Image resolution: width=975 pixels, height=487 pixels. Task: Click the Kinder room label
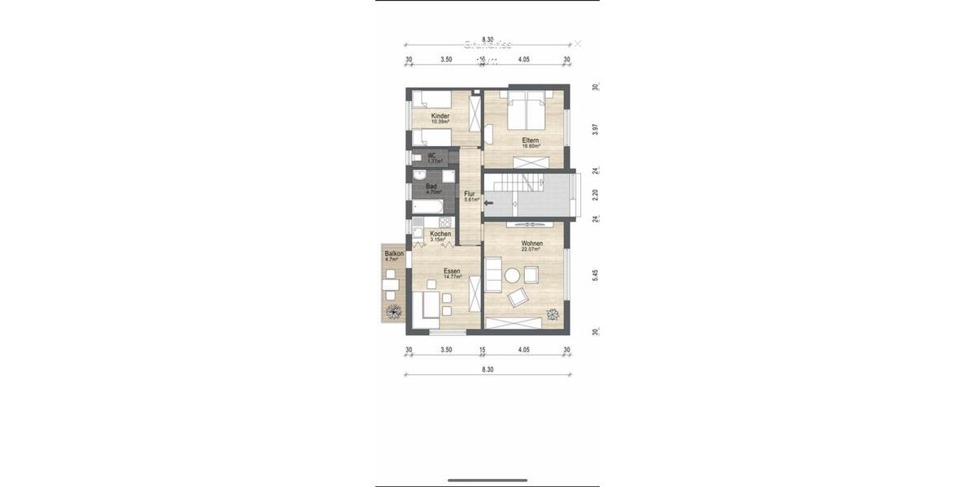coord(440,116)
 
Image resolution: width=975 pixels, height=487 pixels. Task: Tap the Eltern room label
coord(531,140)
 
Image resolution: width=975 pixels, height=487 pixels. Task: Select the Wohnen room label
coord(532,243)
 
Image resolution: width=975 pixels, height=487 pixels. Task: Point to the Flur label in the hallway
coord(470,194)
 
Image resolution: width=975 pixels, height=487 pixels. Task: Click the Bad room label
coord(431,187)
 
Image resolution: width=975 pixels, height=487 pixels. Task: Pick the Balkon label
coord(393,254)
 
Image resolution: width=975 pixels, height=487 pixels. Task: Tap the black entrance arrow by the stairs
coord(488,206)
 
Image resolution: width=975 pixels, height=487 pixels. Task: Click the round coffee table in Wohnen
coord(513,276)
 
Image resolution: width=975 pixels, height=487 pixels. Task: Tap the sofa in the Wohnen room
coord(493,274)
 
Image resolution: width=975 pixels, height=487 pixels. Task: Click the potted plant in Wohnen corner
coord(553,314)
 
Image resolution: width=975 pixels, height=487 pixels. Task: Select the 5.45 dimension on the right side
coord(596,275)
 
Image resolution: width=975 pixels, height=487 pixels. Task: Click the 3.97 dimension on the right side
coord(596,129)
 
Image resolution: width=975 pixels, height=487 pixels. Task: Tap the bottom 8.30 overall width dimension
coord(487,369)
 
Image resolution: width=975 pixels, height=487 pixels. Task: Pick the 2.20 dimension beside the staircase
coord(596,195)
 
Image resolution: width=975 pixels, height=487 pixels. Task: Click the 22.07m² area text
coord(532,250)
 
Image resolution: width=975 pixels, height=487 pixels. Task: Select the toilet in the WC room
coord(416,157)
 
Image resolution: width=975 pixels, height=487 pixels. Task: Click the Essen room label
coord(452,271)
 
